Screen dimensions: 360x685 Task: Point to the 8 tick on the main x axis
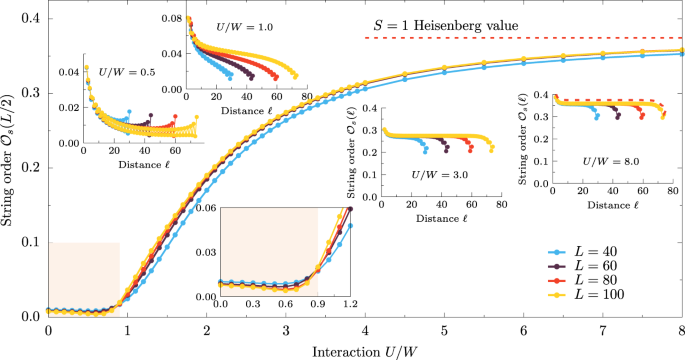(681, 331)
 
